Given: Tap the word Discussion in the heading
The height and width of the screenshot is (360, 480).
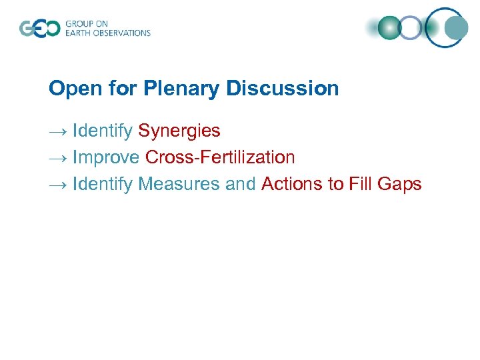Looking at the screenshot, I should (283, 89).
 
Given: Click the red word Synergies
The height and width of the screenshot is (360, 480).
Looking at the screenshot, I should (179, 131).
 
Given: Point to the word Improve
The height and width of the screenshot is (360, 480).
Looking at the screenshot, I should (106, 158).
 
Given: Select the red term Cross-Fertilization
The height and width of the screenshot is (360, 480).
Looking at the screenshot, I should (220, 158).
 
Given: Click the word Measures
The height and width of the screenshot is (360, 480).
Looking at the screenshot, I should (179, 184).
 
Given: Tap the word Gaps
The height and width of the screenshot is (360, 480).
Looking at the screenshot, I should (400, 184).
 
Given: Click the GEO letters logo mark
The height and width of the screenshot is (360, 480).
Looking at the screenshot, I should (39, 29).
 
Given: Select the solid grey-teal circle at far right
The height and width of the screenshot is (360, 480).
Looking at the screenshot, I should (457, 27).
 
